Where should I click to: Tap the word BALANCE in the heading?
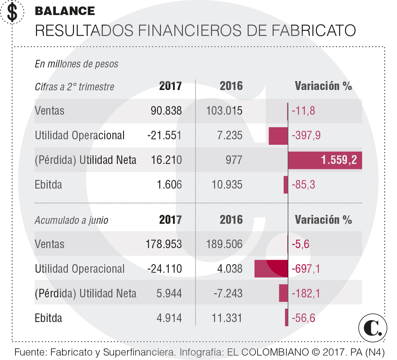point(65,11)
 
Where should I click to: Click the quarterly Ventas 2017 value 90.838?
point(166,111)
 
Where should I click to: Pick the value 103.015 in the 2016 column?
point(224,111)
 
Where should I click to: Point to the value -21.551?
point(164,136)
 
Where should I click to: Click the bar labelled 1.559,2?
point(325,160)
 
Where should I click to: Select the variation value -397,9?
point(306,136)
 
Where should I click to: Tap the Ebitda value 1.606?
point(169,185)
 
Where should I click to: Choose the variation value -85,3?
point(303,185)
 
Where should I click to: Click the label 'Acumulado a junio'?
point(72,220)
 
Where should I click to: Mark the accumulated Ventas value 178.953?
point(164,244)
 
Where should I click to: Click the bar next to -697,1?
point(271,269)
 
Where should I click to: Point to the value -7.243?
point(228,294)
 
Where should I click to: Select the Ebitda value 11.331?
point(227,318)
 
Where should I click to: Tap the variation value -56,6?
point(303,318)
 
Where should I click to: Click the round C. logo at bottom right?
point(373,327)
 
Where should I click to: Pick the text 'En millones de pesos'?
point(77,64)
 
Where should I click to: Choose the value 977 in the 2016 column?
point(234,160)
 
